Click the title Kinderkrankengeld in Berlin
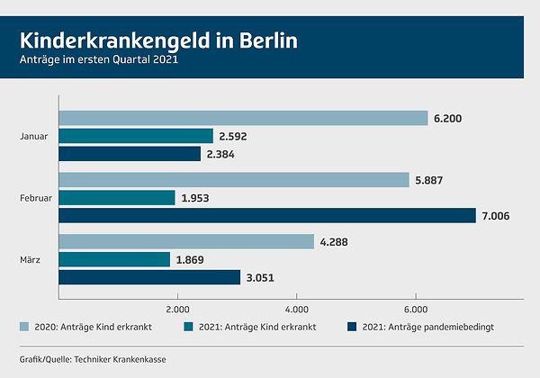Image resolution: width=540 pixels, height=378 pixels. (157, 40)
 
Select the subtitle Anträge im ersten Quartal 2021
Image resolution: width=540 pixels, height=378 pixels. (99, 60)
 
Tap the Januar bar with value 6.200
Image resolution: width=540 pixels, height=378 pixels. (243, 118)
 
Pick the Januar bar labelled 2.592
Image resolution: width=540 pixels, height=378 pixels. (136, 136)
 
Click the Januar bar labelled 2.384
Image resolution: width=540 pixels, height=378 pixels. (130, 154)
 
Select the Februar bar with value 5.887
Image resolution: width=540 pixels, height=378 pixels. (234, 180)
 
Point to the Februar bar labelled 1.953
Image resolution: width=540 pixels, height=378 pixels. (117, 198)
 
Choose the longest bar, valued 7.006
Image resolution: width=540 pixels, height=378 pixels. (267, 216)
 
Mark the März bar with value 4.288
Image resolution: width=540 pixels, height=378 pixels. (186, 242)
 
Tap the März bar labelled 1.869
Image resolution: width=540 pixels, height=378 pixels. (114, 259)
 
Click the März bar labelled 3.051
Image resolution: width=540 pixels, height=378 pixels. (149, 277)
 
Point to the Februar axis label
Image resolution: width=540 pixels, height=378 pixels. (37, 198)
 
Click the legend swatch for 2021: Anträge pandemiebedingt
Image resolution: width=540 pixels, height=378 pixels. (352, 327)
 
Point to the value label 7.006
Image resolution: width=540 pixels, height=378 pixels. (498, 216)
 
